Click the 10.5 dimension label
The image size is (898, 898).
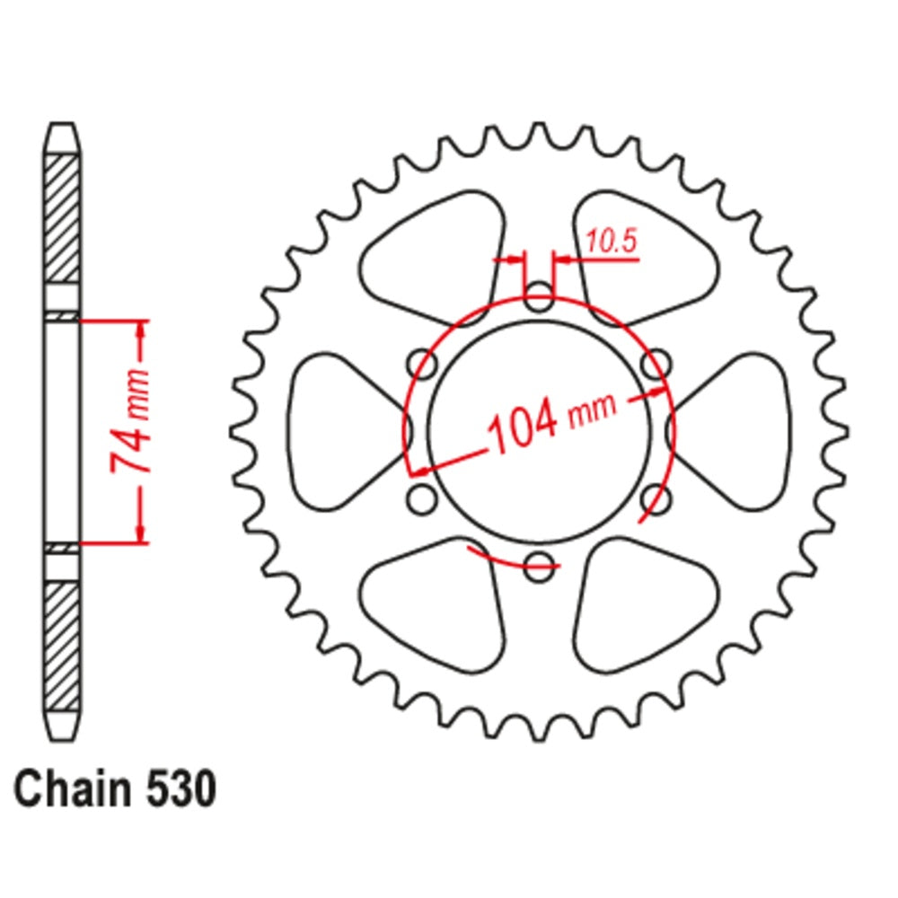pos(611,241)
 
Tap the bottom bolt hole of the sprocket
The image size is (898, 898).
pos(538,565)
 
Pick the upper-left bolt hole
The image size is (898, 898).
pos(422,364)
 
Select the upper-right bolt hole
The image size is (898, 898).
pos(657,364)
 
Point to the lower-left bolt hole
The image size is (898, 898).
pos(421,498)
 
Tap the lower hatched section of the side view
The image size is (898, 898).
pos(62,646)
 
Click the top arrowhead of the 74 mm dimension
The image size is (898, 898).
pos(141,329)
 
